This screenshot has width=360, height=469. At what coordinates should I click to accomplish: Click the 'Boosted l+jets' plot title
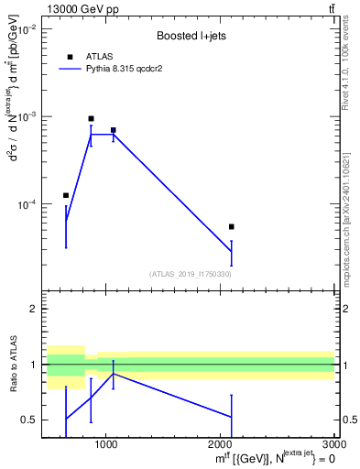(x=190, y=36)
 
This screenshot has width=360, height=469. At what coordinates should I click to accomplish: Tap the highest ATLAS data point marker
(x=91, y=118)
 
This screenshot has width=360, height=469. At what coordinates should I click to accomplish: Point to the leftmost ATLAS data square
(x=66, y=195)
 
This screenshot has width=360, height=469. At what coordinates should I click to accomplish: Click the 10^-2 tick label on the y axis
(x=26, y=30)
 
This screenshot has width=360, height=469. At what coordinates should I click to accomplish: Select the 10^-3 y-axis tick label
(x=26, y=117)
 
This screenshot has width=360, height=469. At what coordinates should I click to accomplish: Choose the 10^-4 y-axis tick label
(x=26, y=204)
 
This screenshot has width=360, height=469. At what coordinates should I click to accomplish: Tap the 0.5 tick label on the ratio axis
(x=29, y=420)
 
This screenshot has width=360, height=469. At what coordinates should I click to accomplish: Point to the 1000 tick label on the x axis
(x=106, y=443)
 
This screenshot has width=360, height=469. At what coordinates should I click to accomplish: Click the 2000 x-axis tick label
(x=221, y=443)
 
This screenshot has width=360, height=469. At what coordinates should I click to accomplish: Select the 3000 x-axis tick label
(x=333, y=443)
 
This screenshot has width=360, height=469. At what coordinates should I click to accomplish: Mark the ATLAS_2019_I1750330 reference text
(x=190, y=274)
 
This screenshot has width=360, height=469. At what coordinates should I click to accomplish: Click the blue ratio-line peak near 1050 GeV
(x=113, y=374)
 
